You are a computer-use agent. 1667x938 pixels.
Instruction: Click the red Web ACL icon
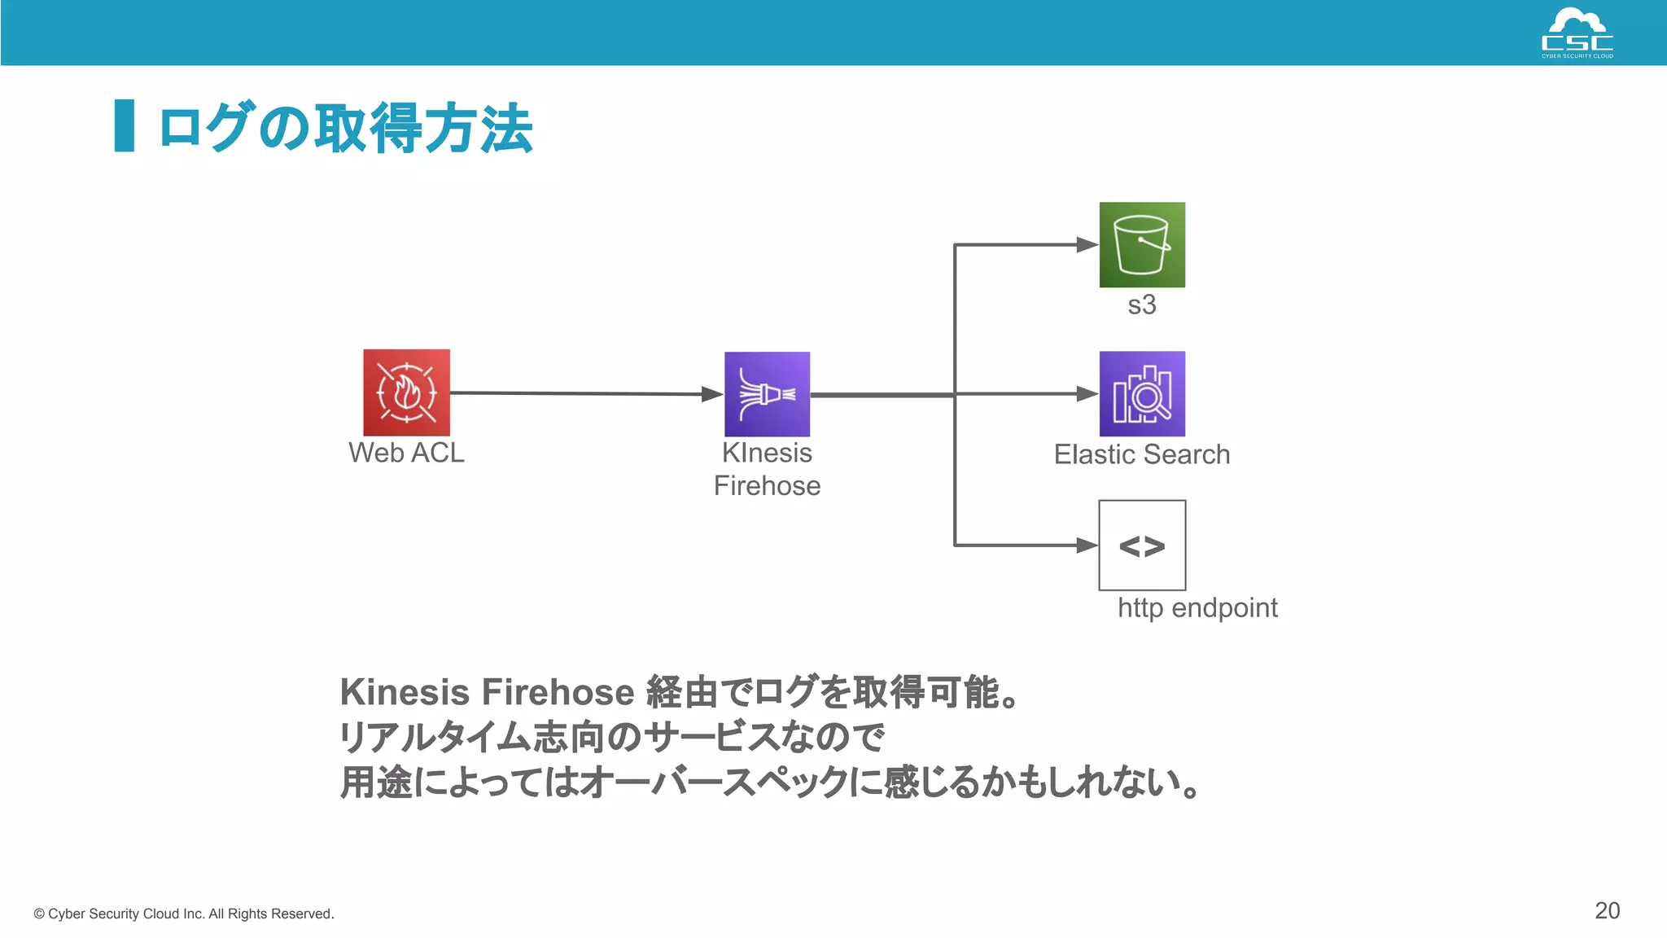coord(406,392)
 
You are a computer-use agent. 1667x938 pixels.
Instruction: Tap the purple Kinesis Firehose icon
coord(767,394)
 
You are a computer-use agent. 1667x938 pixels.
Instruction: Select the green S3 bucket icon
coord(1142,244)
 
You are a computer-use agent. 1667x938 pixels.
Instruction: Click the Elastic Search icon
coord(1142,394)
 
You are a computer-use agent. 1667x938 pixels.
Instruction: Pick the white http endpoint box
coord(1142,545)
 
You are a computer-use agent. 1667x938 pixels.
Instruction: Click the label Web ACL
coord(406,453)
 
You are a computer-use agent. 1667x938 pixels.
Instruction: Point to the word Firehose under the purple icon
coord(767,486)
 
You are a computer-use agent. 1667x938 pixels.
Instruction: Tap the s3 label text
coord(1142,305)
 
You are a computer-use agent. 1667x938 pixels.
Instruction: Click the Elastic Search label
coord(1142,454)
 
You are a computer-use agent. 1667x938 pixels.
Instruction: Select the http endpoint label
coord(1197,608)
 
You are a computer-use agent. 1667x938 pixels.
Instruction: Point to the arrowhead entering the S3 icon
coord(1087,244)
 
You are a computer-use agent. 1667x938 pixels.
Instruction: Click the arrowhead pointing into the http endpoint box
coord(1087,545)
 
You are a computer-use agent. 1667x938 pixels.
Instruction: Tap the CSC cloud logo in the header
coord(1577,33)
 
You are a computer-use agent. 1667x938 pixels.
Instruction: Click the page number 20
coord(1607,910)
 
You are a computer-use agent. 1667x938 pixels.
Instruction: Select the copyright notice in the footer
coord(184,914)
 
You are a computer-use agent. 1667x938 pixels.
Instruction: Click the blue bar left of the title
coord(125,125)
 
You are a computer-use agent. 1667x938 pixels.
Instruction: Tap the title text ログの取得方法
coord(345,128)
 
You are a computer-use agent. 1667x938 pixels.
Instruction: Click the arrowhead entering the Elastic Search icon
coord(1087,394)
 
